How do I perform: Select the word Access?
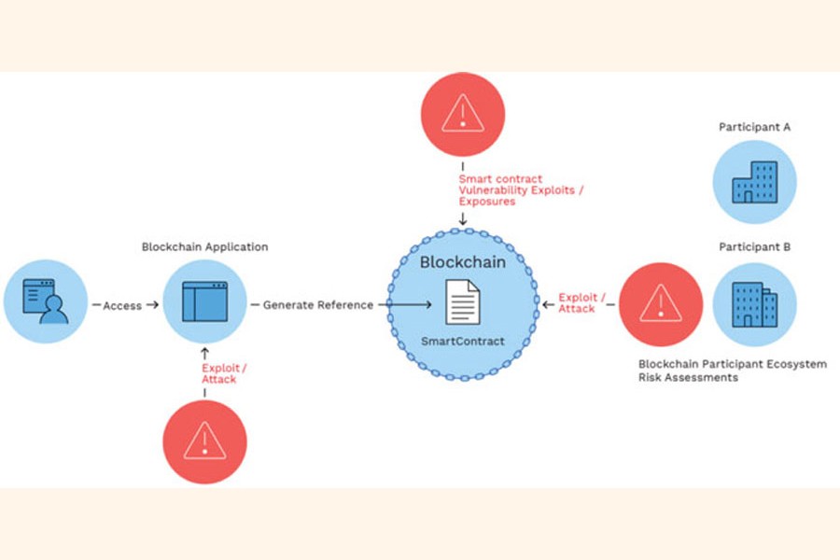tap(121, 305)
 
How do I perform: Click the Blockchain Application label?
tap(204, 247)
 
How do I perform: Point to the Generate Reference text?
tap(317, 305)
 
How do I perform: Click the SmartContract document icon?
tap(462, 304)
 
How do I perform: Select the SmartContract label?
tap(462, 342)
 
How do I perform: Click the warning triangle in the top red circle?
tap(462, 114)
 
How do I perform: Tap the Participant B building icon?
tap(755, 304)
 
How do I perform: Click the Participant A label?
tap(755, 126)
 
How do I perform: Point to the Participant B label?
tap(755, 247)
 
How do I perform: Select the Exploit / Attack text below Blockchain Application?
tap(219, 373)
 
